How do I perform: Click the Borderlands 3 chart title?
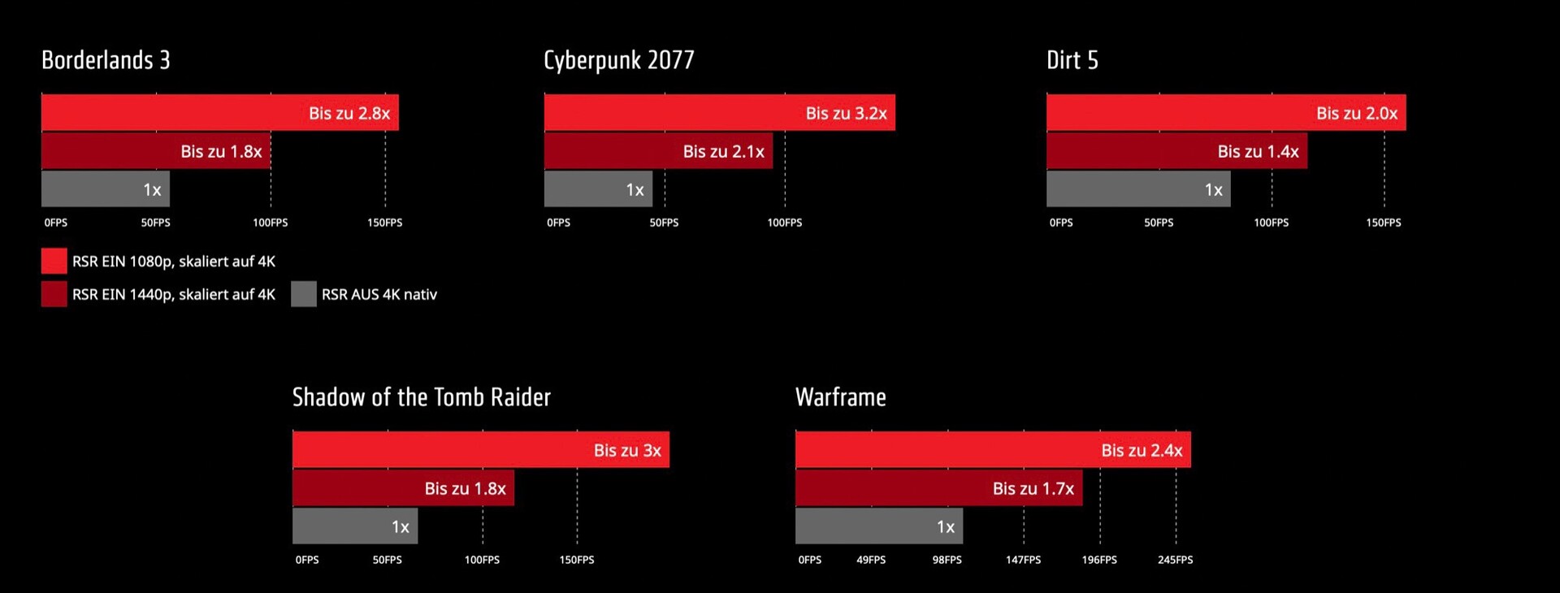[106, 60]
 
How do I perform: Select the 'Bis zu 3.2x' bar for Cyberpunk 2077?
[719, 113]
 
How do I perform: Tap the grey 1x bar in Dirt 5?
[1137, 189]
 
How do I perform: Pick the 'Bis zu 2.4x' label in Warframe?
[1142, 450]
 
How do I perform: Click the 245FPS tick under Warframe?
[1175, 560]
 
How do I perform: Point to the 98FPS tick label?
[947, 560]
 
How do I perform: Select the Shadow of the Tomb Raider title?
[421, 397]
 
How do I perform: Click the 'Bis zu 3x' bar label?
[627, 450]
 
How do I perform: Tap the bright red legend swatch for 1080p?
[54, 261]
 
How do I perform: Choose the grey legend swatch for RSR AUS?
[303, 294]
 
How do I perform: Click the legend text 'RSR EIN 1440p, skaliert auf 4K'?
[173, 294]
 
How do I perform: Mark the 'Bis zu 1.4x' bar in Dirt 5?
[1176, 151]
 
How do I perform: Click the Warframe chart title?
[840, 397]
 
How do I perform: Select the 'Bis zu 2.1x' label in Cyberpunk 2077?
[723, 152]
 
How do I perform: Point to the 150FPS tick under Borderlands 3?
[384, 223]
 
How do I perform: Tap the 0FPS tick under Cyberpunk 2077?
[558, 223]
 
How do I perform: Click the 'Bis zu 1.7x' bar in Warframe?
[938, 488]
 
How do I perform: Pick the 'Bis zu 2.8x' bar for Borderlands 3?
[219, 113]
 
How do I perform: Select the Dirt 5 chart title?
[1072, 60]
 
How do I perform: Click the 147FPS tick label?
[1023, 560]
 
